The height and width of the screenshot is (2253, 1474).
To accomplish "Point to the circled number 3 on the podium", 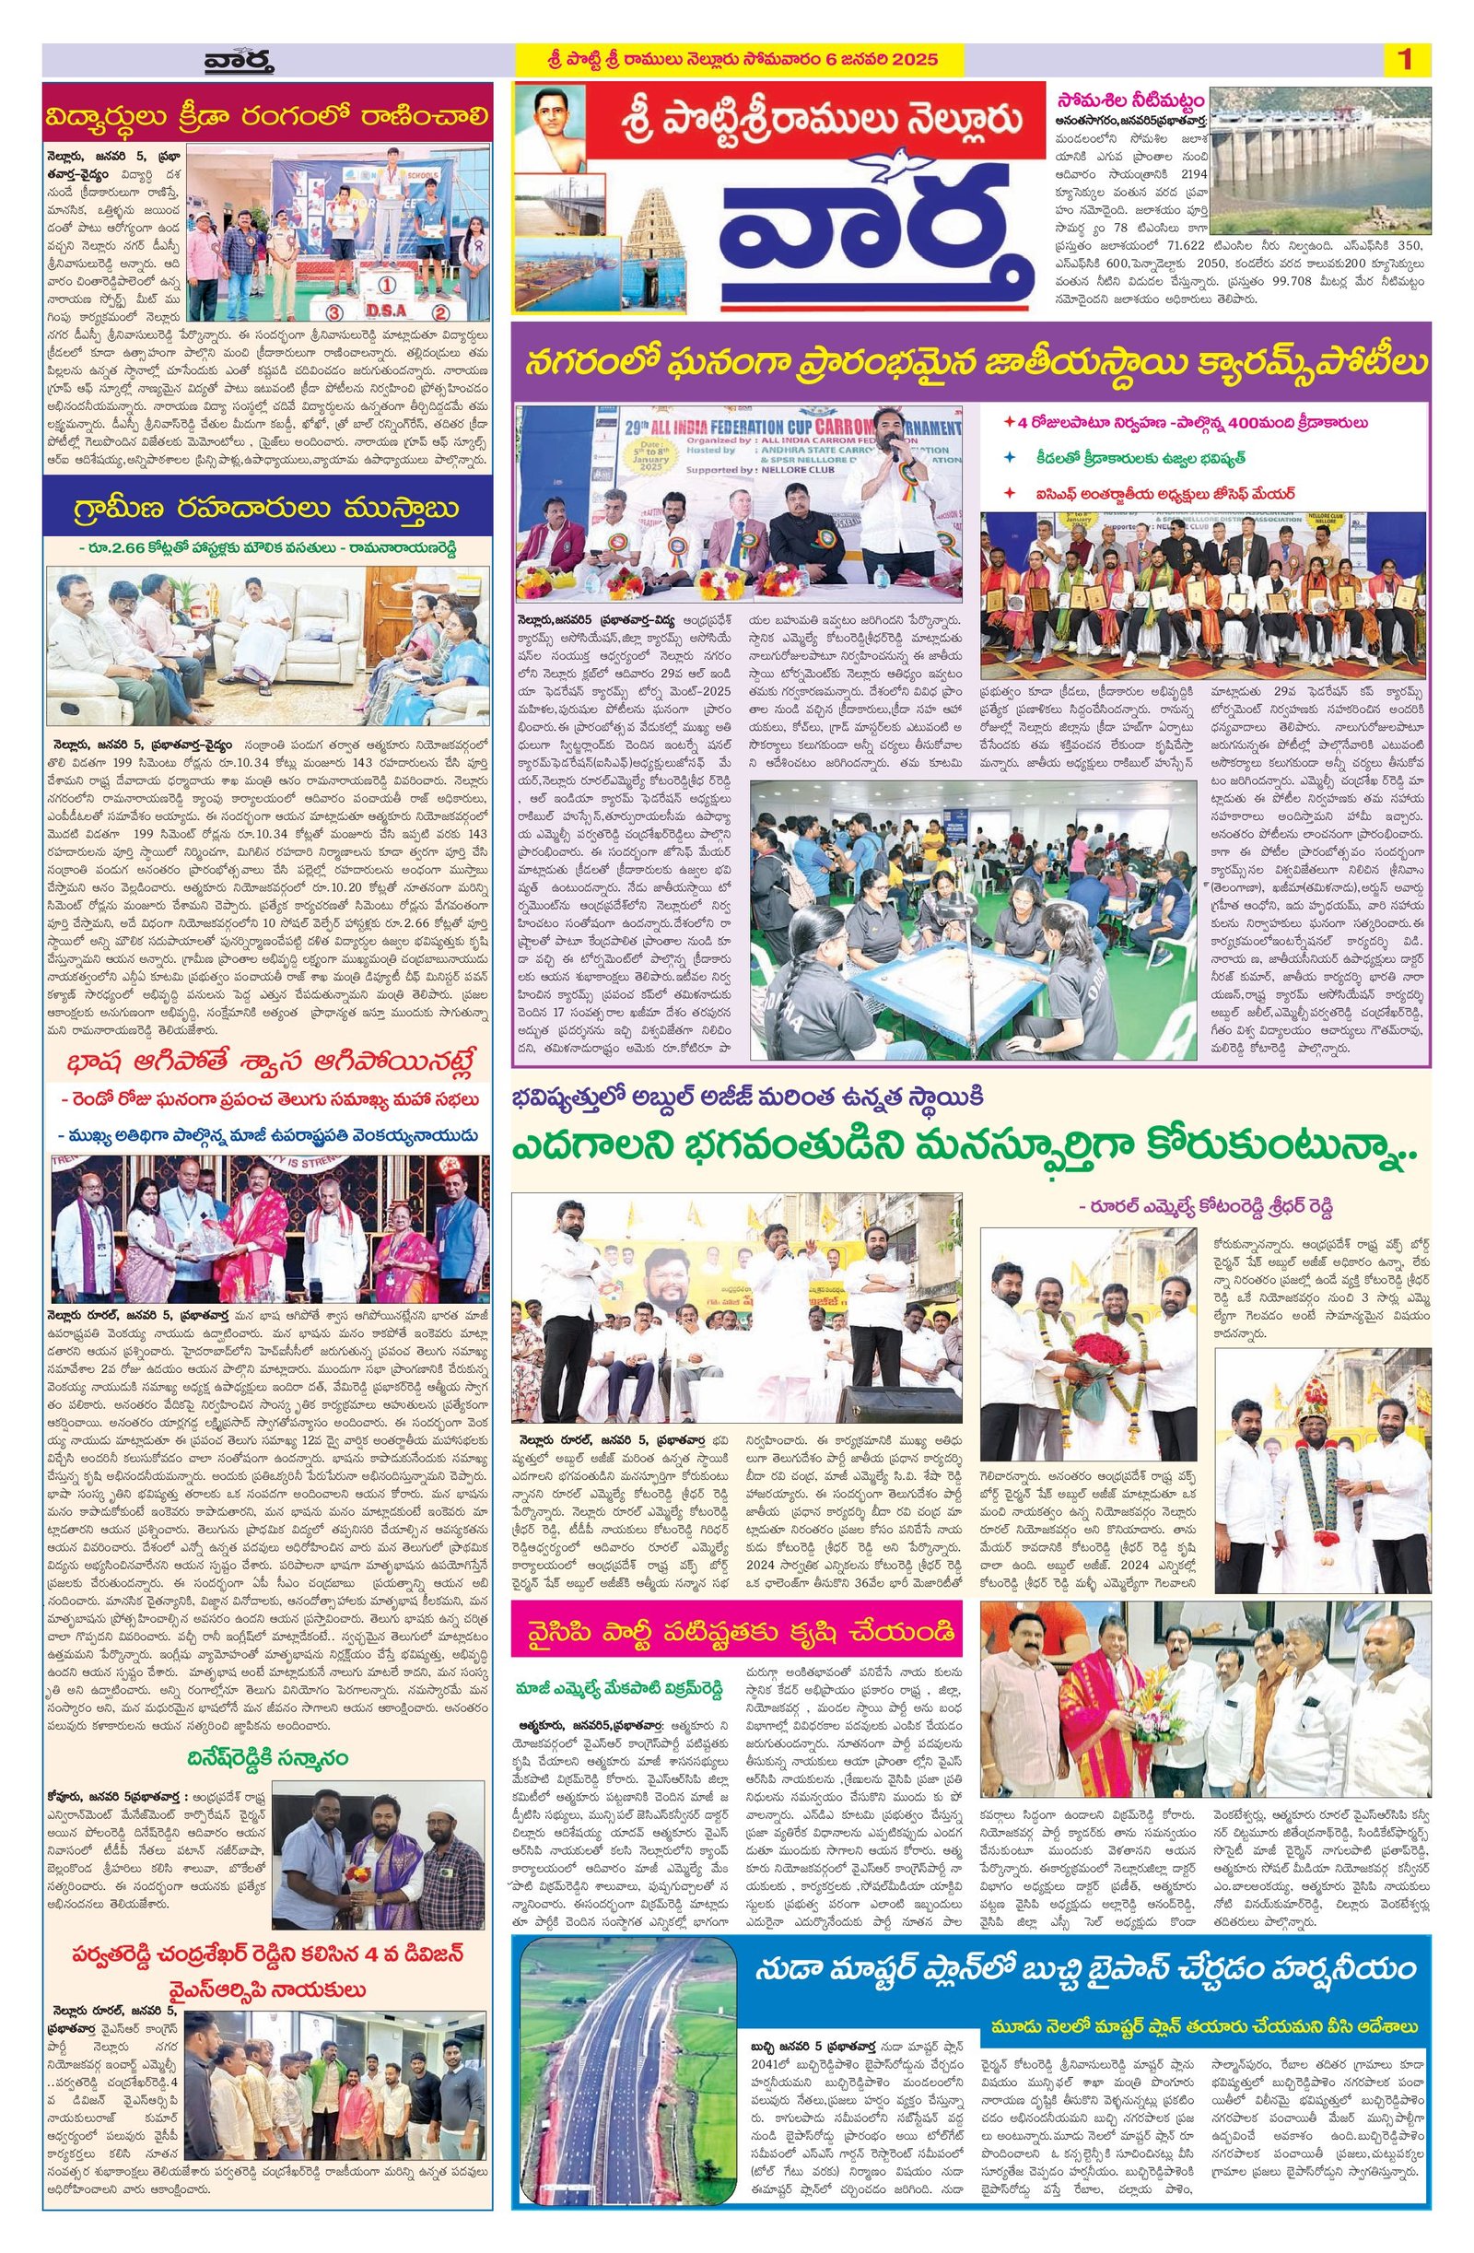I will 333,311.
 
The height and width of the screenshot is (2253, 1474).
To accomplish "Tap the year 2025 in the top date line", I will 913,60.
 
